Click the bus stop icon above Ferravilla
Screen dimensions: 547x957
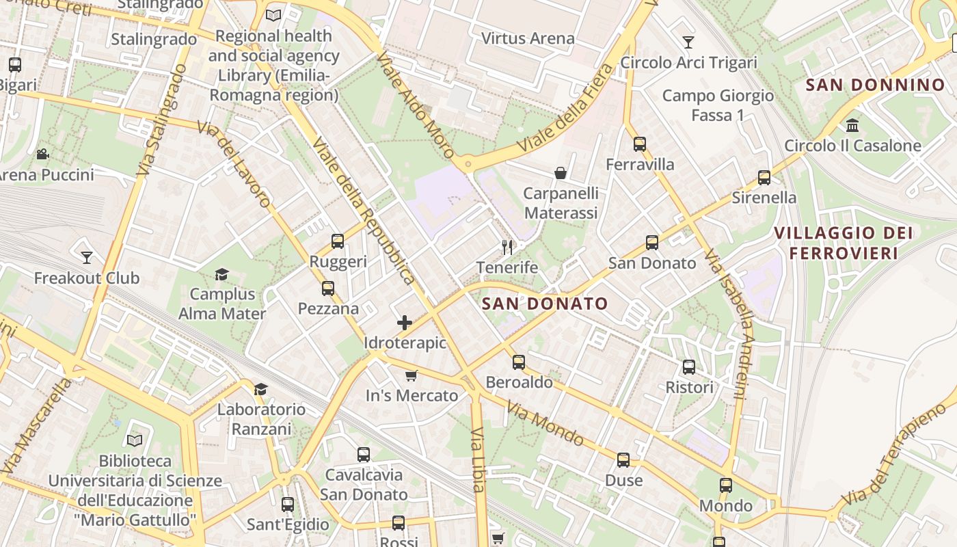pos(640,144)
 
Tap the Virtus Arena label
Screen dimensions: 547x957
pos(528,38)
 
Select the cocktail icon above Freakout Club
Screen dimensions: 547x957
pos(87,258)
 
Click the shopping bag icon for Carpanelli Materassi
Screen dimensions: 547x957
pos(561,173)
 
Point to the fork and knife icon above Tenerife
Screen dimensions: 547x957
pos(507,247)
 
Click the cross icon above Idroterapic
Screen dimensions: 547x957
pos(405,323)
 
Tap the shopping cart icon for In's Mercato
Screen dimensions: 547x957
pos(412,375)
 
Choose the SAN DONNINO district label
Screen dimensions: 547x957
pos(875,85)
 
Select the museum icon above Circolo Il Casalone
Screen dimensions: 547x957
pos(852,125)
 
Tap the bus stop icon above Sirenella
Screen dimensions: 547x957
pos(764,178)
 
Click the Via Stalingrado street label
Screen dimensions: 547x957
pos(161,120)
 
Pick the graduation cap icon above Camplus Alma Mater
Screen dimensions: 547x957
pos(221,275)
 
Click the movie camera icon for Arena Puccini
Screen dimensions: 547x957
pos(42,154)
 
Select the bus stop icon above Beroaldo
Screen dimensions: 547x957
pos(519,362)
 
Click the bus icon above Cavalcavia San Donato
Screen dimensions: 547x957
pos(364,455)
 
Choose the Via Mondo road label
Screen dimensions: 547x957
pos(545,423)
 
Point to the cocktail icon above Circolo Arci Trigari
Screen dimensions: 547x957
pos(688,42)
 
